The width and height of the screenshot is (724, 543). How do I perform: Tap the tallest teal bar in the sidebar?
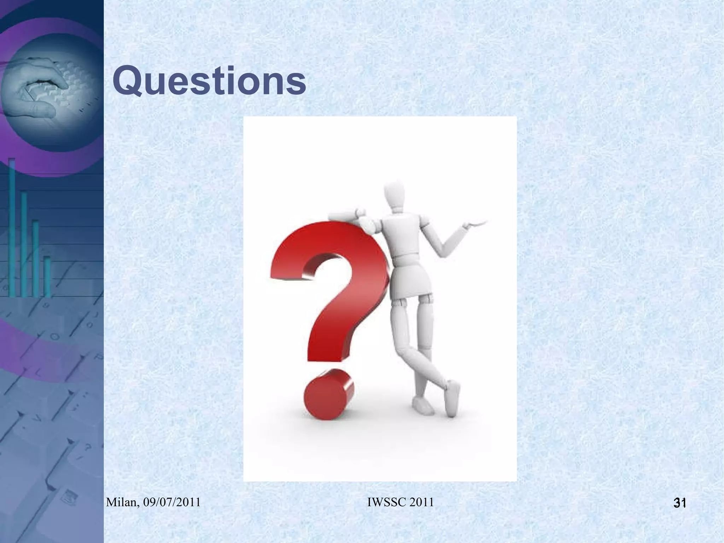tap(12, 226)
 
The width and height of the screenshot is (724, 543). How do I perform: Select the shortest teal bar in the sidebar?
tap(47, 276)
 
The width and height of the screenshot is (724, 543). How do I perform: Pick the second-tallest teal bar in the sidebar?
tap(24, 244)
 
